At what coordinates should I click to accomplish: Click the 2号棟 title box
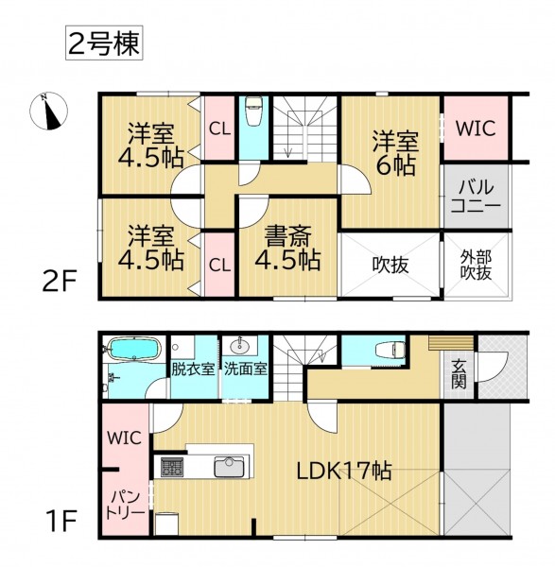104,43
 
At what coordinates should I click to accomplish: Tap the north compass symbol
48,111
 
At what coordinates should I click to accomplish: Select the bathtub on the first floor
134,349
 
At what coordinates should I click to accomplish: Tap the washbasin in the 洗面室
239,346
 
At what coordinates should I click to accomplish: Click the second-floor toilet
253,112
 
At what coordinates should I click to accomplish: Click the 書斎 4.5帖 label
287,248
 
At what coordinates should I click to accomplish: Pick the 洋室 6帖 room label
395,153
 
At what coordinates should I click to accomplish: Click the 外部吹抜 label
477,265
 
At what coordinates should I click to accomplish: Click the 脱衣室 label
193,369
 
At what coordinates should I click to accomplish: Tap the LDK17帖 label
344,471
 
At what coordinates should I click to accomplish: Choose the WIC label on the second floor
476,128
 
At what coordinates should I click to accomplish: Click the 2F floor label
60,282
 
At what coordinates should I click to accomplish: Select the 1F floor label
61,520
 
